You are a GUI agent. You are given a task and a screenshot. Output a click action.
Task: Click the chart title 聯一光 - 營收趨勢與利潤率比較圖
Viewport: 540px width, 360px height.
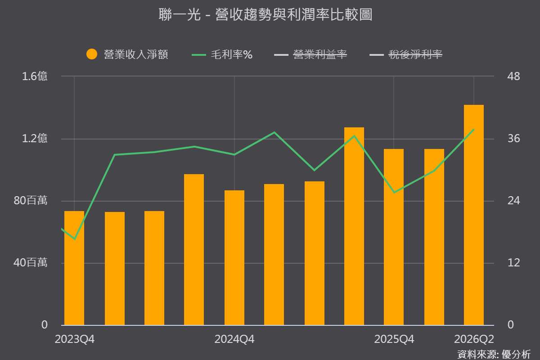(265, 14)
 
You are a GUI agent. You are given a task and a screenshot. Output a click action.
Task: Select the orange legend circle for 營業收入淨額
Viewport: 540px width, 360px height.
(92, 54)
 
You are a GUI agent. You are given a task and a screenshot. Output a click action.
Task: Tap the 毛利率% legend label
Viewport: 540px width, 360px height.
(232, 54)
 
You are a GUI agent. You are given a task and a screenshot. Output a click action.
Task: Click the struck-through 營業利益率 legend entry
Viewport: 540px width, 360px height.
(320, 54)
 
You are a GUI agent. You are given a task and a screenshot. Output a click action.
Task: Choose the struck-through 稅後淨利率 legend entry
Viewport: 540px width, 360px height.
(415, 54)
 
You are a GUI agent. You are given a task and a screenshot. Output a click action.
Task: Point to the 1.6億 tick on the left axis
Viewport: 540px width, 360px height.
(35, 76)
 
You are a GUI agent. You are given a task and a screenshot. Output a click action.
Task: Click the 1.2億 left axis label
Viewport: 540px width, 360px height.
(35, 139)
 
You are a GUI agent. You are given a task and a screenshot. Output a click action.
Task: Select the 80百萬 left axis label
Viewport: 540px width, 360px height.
(31, 201)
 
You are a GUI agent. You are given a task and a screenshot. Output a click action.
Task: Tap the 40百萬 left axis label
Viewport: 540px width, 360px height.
(31, 263)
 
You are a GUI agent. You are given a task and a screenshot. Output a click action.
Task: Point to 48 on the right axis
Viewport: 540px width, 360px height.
(513, 76)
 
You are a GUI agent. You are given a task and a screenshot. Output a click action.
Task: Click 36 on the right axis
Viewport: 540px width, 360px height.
(513, 139)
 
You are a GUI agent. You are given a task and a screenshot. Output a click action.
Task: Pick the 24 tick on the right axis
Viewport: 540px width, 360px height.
(513, 201)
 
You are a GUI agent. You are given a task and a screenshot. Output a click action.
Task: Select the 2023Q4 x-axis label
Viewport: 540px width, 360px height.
(75, 339)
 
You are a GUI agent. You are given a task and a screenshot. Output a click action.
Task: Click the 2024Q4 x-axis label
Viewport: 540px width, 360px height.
(234, 339)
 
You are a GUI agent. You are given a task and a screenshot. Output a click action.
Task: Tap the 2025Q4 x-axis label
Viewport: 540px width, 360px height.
(394, 339)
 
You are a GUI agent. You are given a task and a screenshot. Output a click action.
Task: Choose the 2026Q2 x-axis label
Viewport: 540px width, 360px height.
(474, 339)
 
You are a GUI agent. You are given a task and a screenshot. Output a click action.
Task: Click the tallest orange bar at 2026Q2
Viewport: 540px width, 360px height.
(474, 215)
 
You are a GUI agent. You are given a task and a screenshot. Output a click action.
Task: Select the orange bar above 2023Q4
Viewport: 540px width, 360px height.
(74, 268)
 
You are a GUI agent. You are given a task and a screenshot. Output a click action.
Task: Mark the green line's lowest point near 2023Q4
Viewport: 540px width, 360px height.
(75, 239)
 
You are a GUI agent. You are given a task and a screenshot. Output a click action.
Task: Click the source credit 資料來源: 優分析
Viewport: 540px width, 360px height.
(494, 355)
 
